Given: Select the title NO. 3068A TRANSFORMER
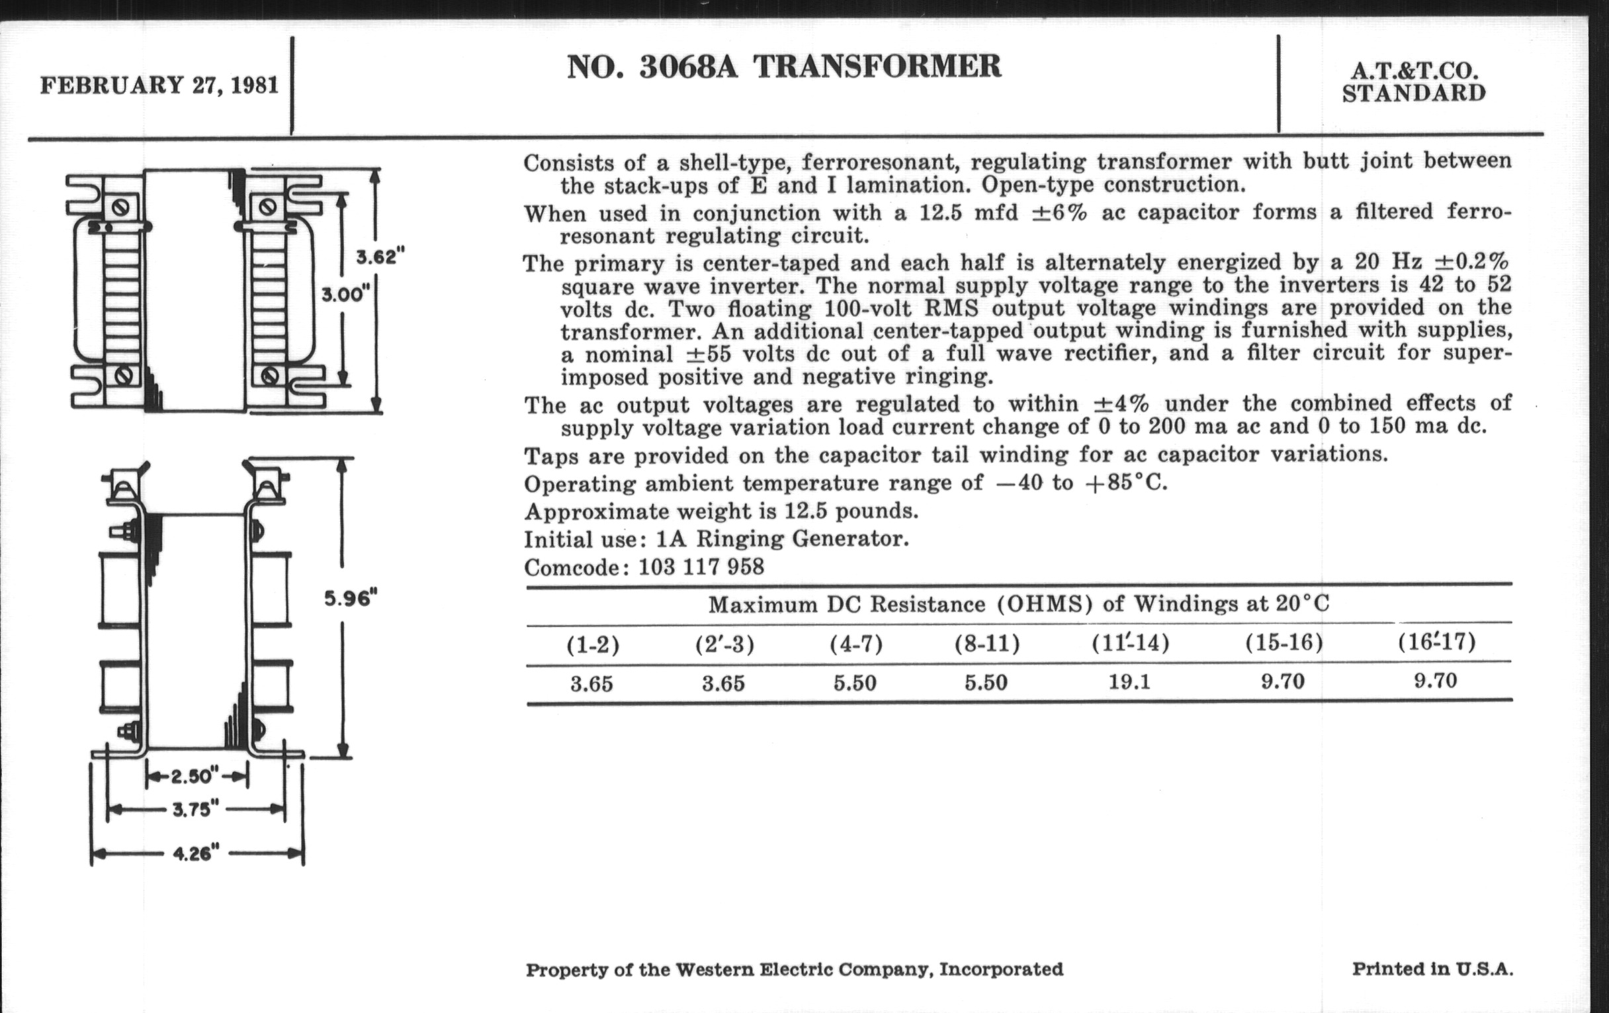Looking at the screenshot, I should point(784,67).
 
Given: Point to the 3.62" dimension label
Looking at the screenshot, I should point(380,257).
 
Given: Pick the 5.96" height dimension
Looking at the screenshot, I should point(351,598).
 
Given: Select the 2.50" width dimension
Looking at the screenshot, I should point(195,776).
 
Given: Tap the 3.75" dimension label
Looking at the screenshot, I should point(196,810).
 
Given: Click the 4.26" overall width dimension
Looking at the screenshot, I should point(196,854).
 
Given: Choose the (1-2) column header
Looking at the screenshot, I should point(593,646).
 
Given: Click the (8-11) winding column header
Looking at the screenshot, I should point(987,644).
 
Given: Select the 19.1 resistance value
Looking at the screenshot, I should point(1129,683).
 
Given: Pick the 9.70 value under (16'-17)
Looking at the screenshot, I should point(1435,681).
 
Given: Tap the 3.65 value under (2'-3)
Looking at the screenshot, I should point(723,684).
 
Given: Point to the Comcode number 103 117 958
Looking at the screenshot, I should point(701,567).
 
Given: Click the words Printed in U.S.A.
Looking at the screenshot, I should point(1432,969).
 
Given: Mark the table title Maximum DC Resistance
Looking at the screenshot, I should point(1018,604).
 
